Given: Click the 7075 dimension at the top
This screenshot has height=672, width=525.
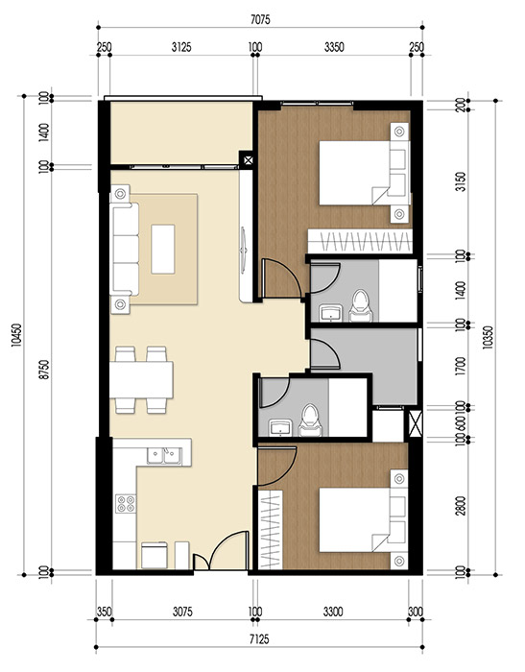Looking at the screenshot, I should click(x=261, y=15).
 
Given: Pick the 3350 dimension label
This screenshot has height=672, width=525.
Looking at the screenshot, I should click(x=335, y=44).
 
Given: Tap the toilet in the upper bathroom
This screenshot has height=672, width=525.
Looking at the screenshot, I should click(x=361, y=304).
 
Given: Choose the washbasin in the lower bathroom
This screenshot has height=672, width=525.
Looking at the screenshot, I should click(x=281, y=425).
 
